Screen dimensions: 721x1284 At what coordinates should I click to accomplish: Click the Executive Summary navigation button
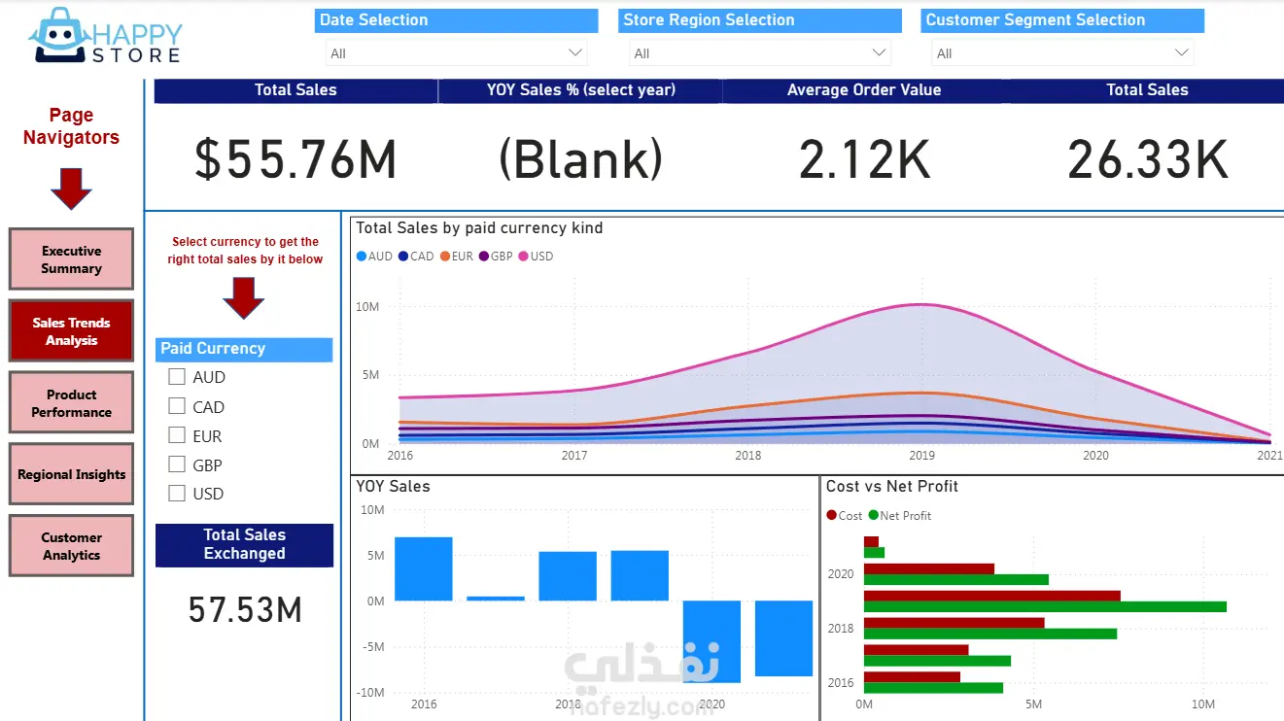click(71, 259)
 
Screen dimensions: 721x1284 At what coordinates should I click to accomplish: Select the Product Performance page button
click(71, 403)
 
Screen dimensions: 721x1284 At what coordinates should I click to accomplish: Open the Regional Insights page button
click(71, 474)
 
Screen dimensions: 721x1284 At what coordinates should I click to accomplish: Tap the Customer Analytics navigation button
click(71, 546)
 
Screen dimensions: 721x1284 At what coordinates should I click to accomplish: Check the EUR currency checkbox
click(177, 435)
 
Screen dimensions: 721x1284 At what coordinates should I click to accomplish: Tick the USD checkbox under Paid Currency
click(177, 493)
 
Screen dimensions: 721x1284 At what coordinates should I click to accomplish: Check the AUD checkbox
click(177, 376)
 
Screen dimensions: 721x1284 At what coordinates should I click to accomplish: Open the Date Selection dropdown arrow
click(574, 52)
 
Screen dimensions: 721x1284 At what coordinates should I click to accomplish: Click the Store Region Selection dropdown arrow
click(879, 52)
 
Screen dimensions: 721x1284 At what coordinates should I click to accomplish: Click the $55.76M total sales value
click(295, 159)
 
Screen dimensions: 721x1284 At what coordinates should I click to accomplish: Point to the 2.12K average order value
click(864, 159)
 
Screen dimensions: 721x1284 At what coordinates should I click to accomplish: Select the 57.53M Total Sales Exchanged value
click(245, 610)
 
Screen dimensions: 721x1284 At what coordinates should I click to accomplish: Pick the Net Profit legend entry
click(900, 516)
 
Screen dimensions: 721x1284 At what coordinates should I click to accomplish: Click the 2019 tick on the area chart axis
click(921, 455)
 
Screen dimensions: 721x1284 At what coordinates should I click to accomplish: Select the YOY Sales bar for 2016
click(424, 568)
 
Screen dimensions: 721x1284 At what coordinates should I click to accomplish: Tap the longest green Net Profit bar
click(1045, 606)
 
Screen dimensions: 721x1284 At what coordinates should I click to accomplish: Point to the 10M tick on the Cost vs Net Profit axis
click(1202, 704)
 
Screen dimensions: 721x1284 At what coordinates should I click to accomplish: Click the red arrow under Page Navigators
click(71, 188)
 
